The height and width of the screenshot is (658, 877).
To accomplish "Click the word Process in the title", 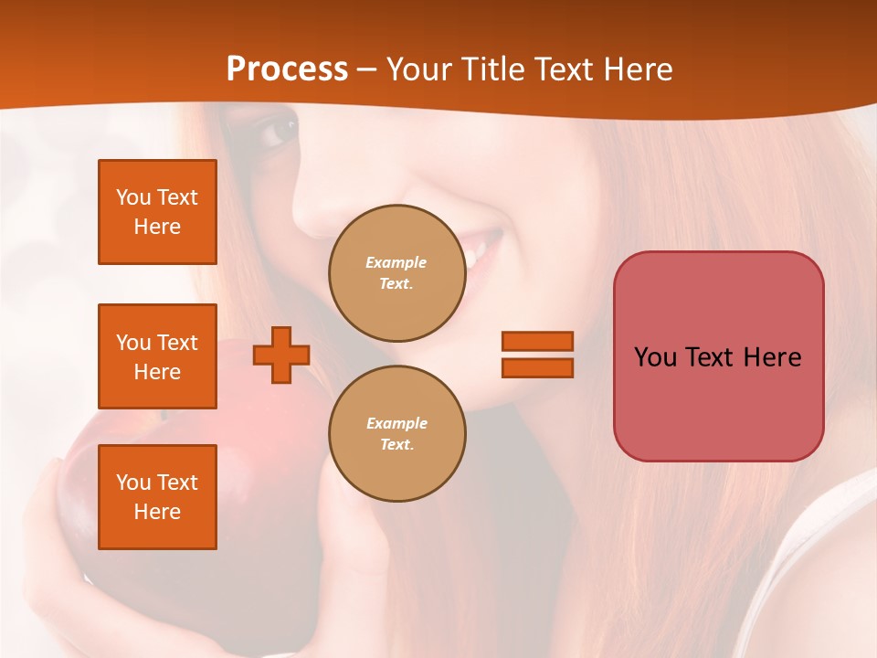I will click(287, 69).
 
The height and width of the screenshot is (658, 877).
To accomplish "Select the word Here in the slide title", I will click(636, 69).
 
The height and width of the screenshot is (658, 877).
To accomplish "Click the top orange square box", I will click(157, 212).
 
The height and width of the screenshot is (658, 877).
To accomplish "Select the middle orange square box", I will click(157, 356).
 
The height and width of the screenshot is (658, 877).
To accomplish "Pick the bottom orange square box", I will click(157, 497).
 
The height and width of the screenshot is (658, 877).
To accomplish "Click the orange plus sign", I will click(281, 355).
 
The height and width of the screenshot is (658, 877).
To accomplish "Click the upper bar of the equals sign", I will click(537, 341).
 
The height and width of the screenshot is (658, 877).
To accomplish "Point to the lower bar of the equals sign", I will click(537, 367).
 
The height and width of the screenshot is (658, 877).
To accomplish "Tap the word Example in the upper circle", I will click(396, 262).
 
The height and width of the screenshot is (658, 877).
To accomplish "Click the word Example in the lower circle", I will click(396, 423).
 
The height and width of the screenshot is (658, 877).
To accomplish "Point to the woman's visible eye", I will click(278, 133).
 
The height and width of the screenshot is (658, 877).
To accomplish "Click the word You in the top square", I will click(133, 197).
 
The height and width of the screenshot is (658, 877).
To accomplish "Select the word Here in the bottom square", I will click(157, 512).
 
